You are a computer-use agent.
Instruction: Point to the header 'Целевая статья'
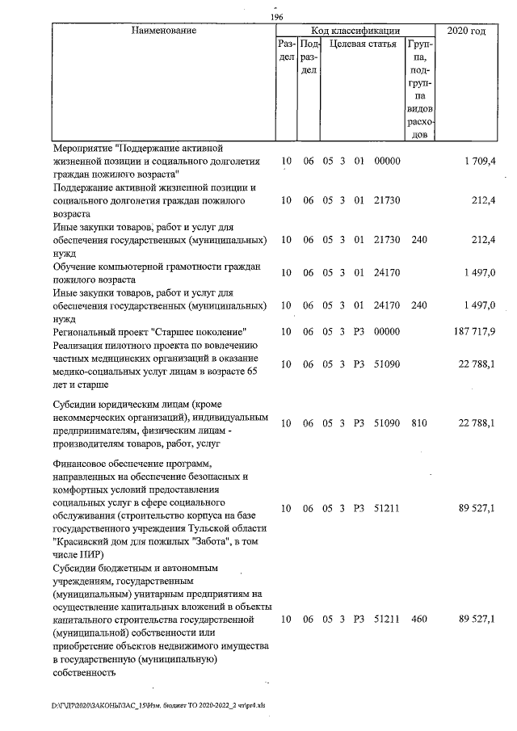click(x=363, y=44)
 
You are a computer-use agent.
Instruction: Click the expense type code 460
click(x=418, y=619)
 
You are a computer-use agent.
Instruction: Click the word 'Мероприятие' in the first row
click(x=82, y=149)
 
